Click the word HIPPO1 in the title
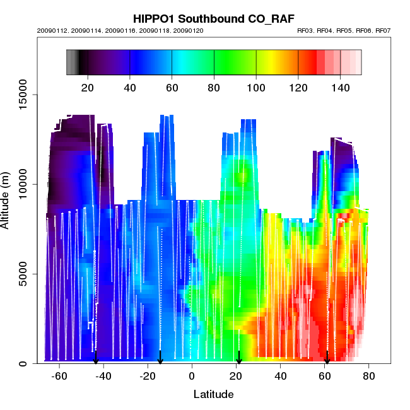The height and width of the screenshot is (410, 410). [157, 18]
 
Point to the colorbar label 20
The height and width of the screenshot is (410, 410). [88, 88]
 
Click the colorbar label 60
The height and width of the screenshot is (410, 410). [172, 88]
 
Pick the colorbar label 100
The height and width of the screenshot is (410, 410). [256, 88]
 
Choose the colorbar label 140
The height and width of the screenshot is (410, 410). [340, 88]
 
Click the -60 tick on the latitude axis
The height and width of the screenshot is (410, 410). [59, 376]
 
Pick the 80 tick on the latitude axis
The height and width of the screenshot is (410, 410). [369, 376]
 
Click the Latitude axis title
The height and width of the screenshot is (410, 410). [213, 394]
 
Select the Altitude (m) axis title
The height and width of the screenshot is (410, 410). [8, 202]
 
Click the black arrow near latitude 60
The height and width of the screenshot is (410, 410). [327, 358]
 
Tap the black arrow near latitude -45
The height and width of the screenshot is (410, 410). [96, 358]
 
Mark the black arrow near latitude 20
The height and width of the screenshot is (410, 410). [238, 358]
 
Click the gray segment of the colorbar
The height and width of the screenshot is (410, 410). [71, 62]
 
